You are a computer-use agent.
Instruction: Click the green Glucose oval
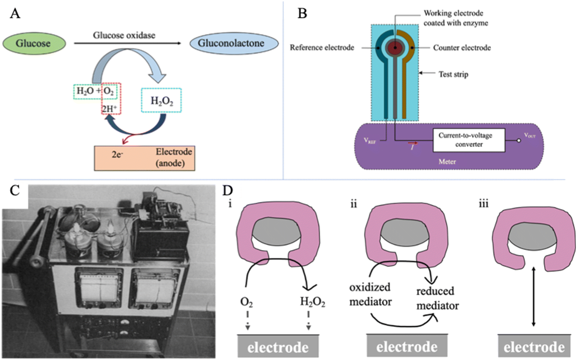tap(34, 44)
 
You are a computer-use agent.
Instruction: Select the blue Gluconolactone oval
tap(234, 43)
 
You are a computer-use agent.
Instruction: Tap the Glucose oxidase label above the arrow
tap(124, 35)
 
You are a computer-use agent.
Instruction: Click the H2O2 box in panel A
tap(161, 100)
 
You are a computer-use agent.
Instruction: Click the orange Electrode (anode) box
tap(144, 158)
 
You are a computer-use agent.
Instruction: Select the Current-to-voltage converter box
tap(468, 140)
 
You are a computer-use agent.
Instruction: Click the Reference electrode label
tap(322, 48)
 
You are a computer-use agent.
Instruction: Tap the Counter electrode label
tap(462, 48)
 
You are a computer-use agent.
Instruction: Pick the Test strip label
tap(453, 74)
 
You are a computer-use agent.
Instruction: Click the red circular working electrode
tap(395, 48)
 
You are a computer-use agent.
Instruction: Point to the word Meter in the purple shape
tap(447, 162)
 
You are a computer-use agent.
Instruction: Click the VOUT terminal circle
tap(519, 140)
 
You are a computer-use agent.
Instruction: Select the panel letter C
tap(15, 191)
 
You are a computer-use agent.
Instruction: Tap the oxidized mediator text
tap(370, 294)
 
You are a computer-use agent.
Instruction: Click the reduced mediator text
tap(437, 298)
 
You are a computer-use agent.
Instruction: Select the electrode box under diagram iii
tap(534, 346)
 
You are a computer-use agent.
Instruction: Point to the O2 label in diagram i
tap(246, 302)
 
